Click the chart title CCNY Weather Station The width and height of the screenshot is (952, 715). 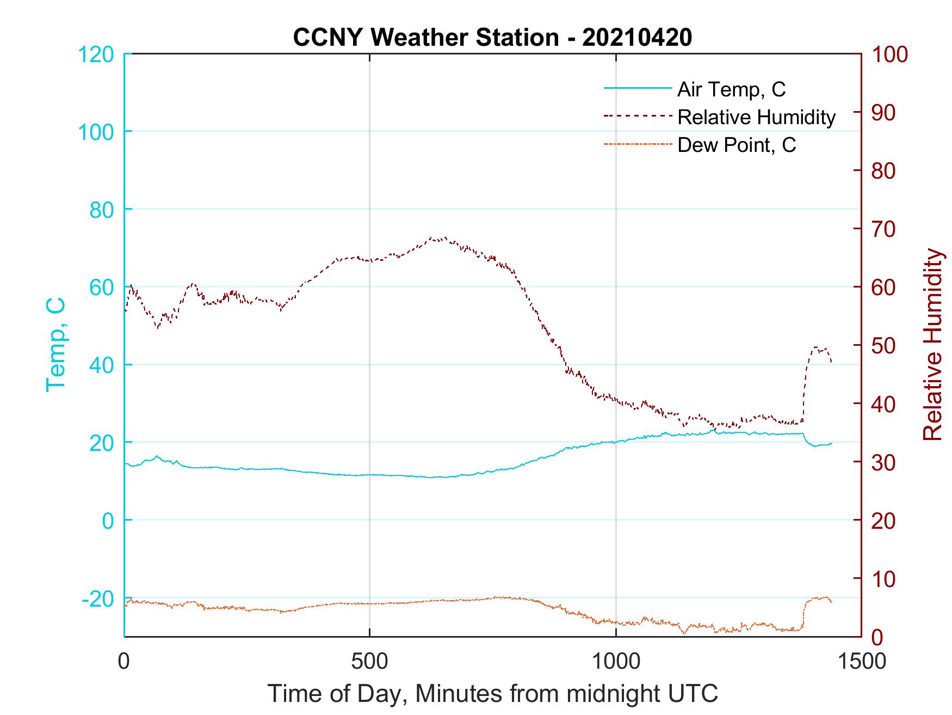pos(492,38)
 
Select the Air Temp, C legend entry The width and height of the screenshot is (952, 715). pos(731,89)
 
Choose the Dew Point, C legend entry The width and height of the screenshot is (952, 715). pos(737,145)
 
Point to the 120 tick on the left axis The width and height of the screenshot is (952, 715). pos(97,54)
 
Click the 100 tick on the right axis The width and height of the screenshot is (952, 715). pos(889,54)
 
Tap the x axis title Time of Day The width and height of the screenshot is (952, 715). pos(492,694)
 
